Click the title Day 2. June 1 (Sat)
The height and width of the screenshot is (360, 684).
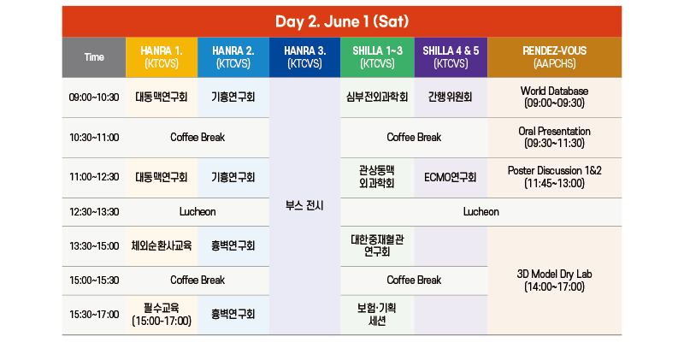point(342,21)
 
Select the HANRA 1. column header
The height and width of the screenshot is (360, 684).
point(162,57)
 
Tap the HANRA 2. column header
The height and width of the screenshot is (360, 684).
point(233,57)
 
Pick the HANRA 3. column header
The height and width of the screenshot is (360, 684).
point(305,57)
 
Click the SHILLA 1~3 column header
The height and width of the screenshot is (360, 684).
point(377,57)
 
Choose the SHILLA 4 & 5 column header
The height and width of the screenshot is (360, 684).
point(451,57)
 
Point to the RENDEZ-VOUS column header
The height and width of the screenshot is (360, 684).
point(554,57)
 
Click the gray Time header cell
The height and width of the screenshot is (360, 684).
point(94,57)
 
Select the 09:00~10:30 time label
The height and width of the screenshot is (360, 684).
point(94,97)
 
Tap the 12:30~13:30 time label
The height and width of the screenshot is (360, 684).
point(94,211)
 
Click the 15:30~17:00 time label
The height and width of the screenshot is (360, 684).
point(94,315)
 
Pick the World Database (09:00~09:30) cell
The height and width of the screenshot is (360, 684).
point(554,97)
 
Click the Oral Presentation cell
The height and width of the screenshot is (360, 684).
point(554,138)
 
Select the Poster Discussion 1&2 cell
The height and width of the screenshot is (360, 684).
point(554,178)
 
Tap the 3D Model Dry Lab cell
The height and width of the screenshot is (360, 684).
point(554,280)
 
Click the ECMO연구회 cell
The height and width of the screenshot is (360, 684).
point(451,178)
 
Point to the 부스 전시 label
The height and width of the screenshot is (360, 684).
point(304,205)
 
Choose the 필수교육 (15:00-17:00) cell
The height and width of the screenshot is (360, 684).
point(162,315)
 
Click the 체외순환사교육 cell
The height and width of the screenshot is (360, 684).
point(162,246)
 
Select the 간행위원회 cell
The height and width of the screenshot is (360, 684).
point(451,97)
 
